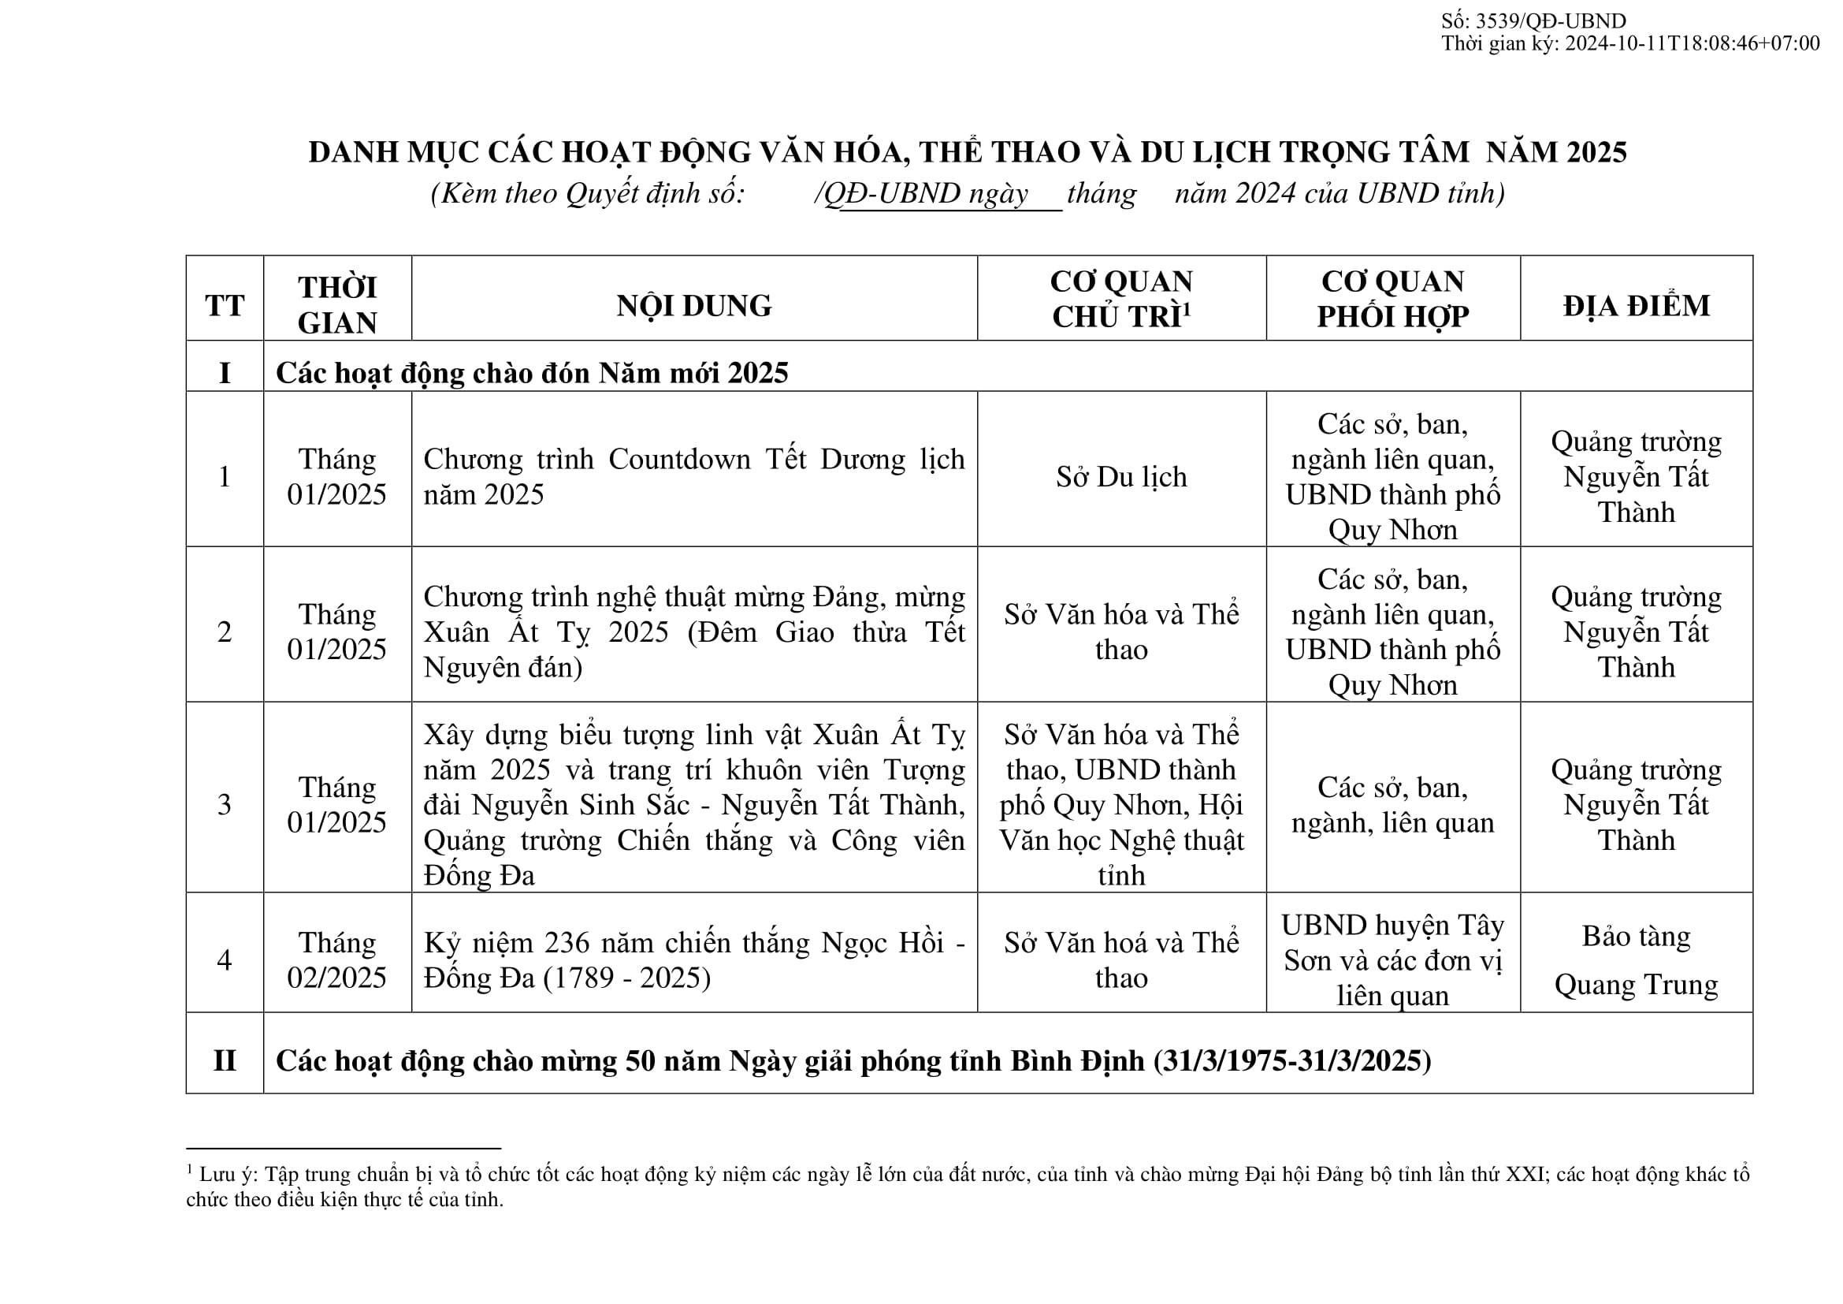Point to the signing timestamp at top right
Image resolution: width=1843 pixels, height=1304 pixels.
1629,43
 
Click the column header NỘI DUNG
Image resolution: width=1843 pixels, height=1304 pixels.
693,305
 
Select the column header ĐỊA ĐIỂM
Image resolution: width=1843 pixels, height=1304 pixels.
1636,305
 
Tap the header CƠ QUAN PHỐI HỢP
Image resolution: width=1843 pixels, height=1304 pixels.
1392,299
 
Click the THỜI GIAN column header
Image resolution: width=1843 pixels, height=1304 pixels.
337,305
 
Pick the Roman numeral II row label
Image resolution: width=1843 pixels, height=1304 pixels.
225,1060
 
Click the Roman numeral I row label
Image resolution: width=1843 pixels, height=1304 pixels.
225,373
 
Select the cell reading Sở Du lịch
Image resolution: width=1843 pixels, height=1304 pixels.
1120,477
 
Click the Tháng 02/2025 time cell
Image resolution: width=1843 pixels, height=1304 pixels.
337,959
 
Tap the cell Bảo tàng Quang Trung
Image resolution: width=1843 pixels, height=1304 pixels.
1636,959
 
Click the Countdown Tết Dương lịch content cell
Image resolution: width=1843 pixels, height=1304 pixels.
693,476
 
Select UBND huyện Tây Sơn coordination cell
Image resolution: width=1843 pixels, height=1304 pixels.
1392,959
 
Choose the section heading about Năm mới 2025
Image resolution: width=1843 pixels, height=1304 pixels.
531,373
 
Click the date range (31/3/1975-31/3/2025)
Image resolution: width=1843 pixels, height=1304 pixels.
1292,1060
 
